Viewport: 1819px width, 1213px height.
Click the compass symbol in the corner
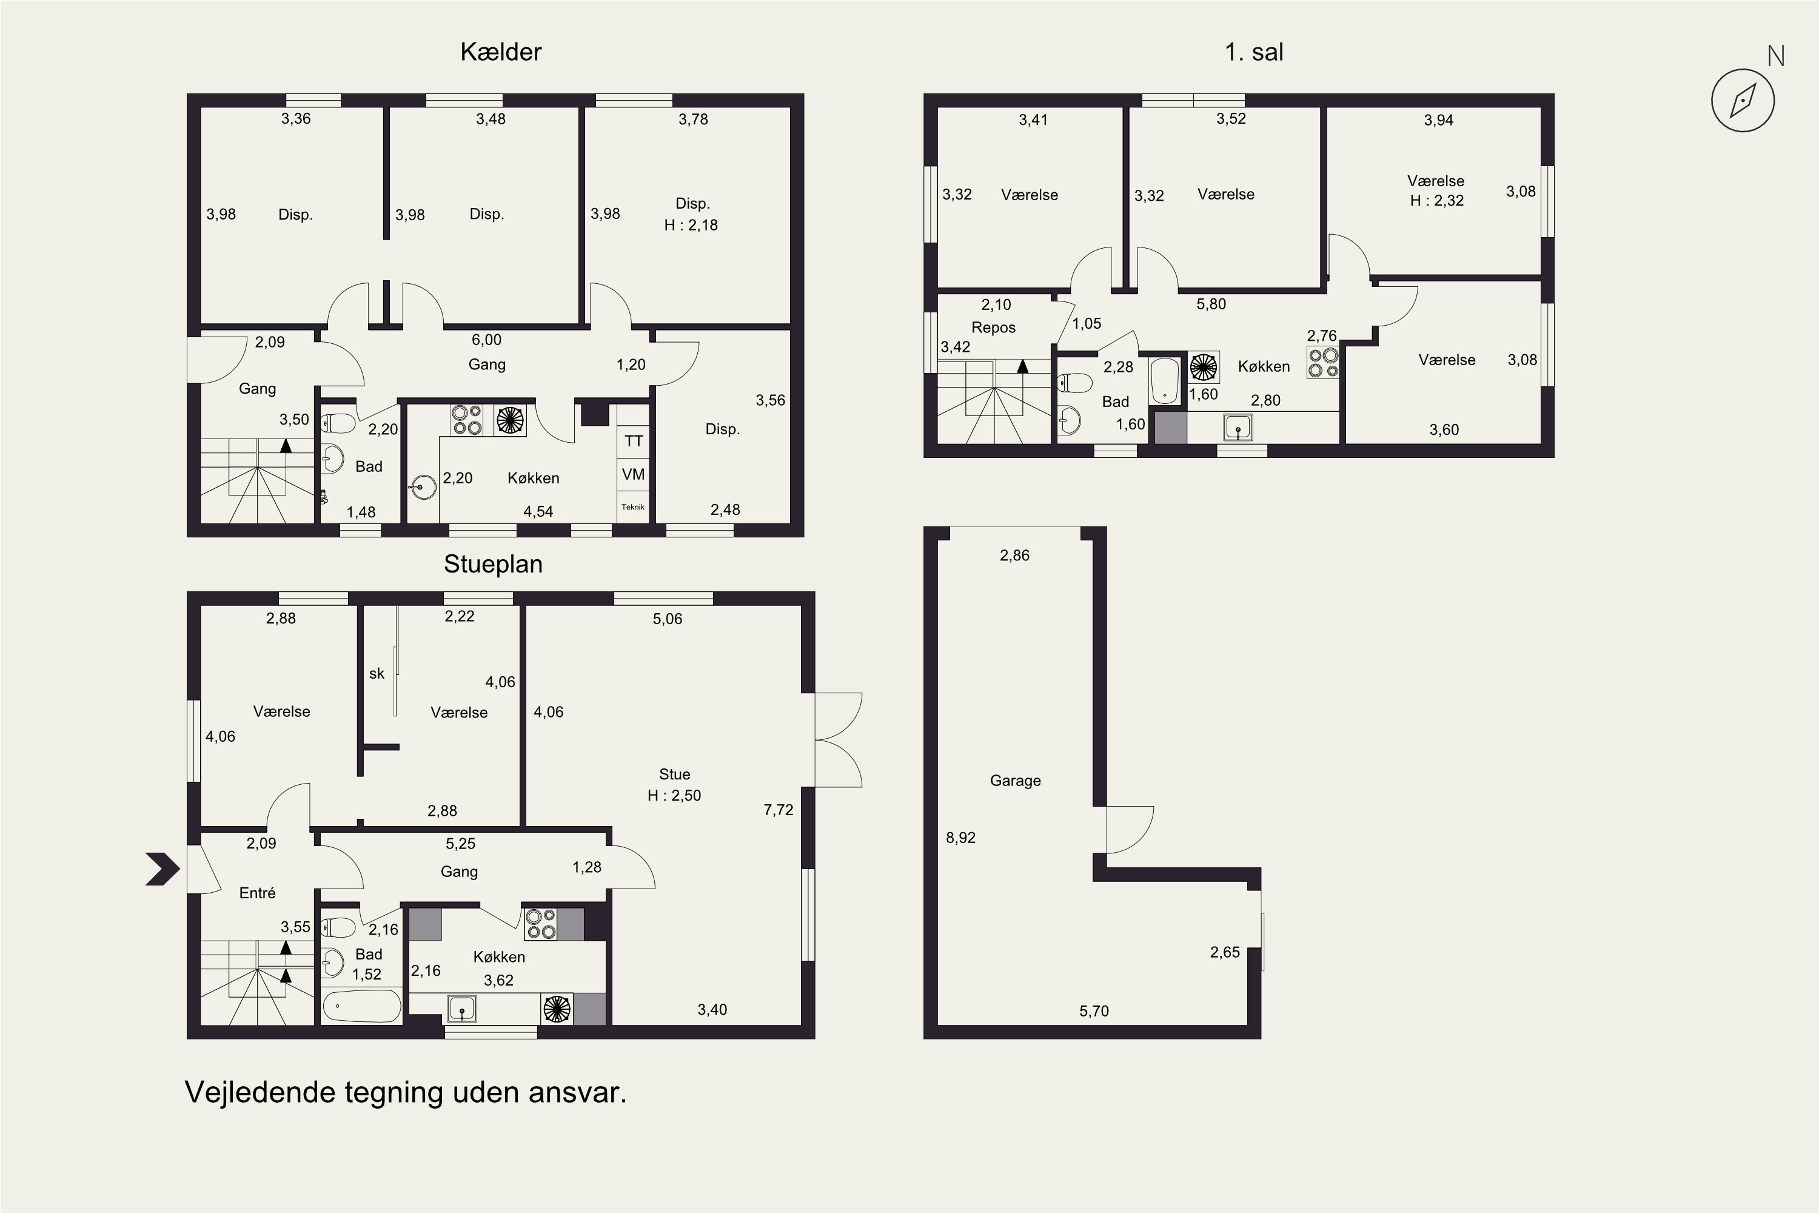click(1743, 101)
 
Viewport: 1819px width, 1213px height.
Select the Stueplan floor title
click(492, 564)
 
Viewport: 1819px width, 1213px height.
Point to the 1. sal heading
click(1254, 52)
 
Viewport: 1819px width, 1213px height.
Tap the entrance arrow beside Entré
click(162, 869)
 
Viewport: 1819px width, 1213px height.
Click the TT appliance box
click(634, 441)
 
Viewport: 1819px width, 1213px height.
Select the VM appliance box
click(634, 474)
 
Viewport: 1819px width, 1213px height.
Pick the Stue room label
click(674, 775)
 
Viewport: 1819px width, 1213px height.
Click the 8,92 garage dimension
click(960, 838)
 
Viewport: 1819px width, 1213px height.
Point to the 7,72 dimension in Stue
click(778, 810)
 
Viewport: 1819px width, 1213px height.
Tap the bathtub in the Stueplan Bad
click(362, 1006)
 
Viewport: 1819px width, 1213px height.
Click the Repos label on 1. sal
click(993, 328)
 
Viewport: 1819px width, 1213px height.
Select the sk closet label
click(377, 674)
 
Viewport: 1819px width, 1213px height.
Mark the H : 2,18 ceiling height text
click(691, 225)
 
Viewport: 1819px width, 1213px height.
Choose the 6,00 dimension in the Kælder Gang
click(486, 340)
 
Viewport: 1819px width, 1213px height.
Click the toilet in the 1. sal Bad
click(1074, 383)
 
